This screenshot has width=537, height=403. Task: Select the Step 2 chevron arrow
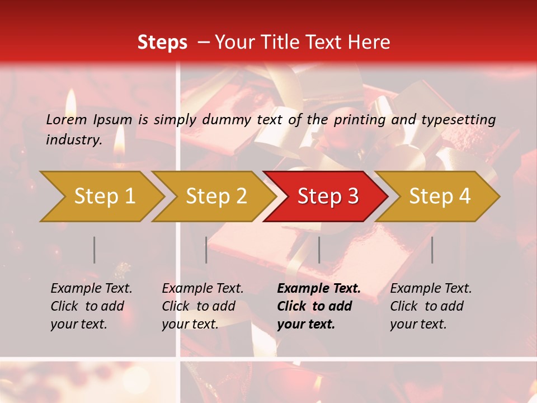[216, 196]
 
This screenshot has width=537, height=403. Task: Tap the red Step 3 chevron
[327, 196]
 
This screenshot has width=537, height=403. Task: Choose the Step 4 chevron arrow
[439, 196]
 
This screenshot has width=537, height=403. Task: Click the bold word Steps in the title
[162, 42]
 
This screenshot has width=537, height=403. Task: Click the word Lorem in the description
[67, 119]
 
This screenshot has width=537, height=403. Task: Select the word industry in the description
[74, 139]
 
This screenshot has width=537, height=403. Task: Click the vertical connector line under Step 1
[95, 250]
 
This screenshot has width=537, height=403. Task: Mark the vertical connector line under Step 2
[206, 250]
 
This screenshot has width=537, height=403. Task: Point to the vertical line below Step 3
[319, 250]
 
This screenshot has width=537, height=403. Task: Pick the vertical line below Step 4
[432, 250]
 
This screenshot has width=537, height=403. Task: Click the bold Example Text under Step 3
[319, 288]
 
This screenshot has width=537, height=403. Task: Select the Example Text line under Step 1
[91, 288]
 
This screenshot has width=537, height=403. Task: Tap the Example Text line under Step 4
[431, 288]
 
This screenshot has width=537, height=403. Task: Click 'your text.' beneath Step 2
[190, 324]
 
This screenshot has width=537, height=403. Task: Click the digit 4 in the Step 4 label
[464, 196]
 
